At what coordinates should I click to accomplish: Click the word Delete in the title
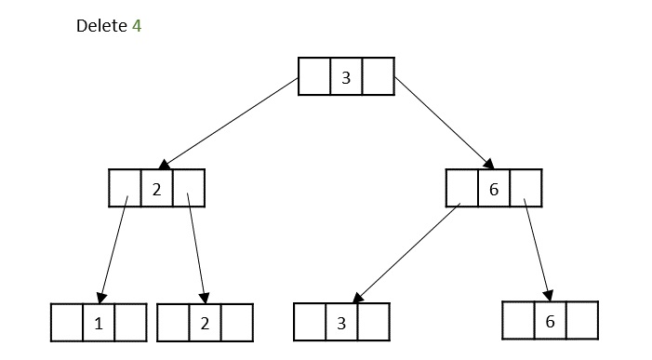pos(101,26)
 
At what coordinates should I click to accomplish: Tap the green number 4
pos(137,26)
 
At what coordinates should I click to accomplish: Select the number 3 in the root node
pos(346,78)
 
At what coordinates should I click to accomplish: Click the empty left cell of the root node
pos(314,76)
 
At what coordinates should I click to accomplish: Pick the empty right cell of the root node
pos(379,76)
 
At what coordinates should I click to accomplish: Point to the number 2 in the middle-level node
pos(156,190)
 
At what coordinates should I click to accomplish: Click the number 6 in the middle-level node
pos(494,190)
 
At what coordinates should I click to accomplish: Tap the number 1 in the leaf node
pos(99,324)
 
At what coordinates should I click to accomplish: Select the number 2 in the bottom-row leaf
pos(205,324)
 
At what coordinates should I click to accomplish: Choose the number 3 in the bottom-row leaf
pos(341,323)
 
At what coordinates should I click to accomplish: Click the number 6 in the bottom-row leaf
pos(550,321)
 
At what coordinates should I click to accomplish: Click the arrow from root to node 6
pos(444,123)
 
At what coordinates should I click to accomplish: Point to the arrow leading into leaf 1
pos(113,249)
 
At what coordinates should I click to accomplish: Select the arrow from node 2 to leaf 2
pos(196,248)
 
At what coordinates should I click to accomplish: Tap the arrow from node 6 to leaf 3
pos(406,253)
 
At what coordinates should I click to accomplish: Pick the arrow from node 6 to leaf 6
pos(538,249)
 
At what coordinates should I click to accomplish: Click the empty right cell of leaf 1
pos(131,323)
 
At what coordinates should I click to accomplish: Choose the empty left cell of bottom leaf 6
pos(518,321)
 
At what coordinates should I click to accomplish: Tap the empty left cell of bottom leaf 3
pos(310,322)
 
